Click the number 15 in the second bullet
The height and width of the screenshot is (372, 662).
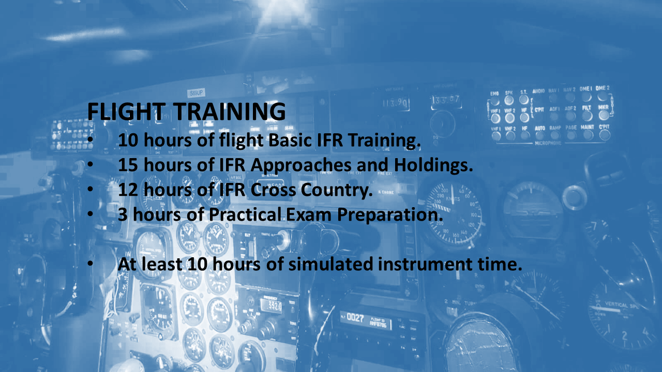128,165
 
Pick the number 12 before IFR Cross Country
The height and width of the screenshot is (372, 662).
128,190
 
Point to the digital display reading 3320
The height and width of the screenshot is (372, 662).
270,305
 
